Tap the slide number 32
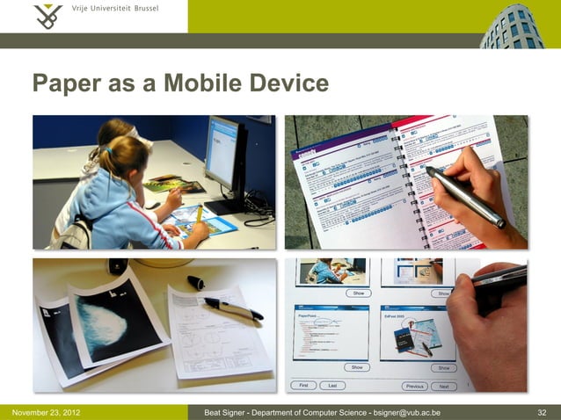pos(542,412)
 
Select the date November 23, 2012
pos(47,412)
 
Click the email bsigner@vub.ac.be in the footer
pos(407,412)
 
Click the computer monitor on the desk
pos(224,155)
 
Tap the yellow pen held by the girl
pos(200,214)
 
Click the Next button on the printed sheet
pos(443,386)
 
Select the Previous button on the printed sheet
pos(413,386)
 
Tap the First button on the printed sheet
pos(303,385)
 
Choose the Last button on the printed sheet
pos(331,385)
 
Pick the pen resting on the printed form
pos(232,308)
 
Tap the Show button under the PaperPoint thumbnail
pos(357,366)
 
